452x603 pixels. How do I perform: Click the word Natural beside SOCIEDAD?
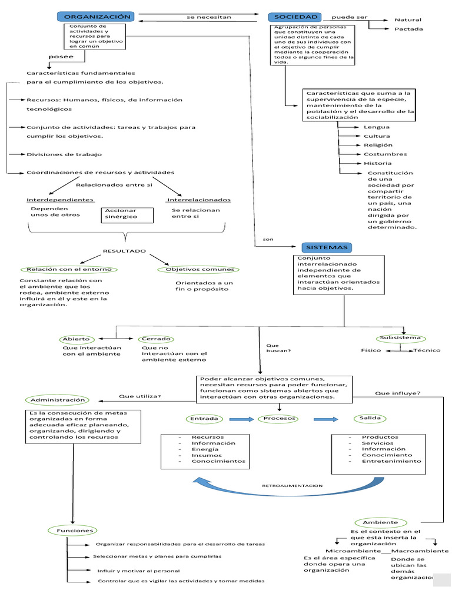click(x=407, y=20)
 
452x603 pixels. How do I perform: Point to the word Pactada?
click(x=408, y=29)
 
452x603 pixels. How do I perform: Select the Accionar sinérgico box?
click(x=128, y=214)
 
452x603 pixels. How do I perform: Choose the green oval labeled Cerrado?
click(x=155, y=339)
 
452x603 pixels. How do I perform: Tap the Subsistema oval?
click(x=400, y=338)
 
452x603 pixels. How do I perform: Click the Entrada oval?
click(x=204, y=419)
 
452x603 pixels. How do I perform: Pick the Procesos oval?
click(x=278, y=419)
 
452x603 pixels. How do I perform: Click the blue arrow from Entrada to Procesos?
click(x=240, y=420)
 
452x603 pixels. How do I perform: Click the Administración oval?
click(x=58, y=400)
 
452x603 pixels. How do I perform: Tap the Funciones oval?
click(x=75, y=531)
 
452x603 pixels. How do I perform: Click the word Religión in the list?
click(x=378, y=145)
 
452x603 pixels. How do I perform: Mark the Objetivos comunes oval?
click(x=199, y=270)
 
